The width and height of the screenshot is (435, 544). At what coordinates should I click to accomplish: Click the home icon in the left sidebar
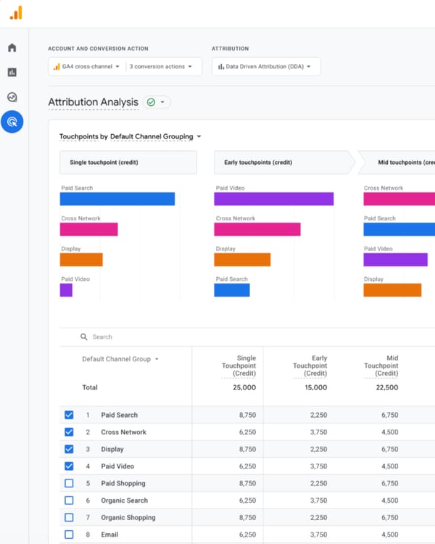pyautogui.click(x=12, y=48)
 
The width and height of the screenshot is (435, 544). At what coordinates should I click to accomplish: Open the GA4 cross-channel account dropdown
pyautogui.click(x=86, y=67)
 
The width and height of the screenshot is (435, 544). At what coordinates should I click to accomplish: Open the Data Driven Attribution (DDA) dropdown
pyautogui.click(x=265, y=67)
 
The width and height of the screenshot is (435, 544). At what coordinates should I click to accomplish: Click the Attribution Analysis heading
pyautogui.click(x=93, y=102)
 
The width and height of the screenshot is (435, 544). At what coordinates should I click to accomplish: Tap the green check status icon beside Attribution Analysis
pyautogui.click(x=152, y=102)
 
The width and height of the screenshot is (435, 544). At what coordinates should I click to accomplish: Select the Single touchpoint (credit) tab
pyautogui.click(x=128, y=162)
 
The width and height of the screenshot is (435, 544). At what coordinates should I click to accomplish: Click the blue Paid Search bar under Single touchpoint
pyautogui.click(x=117, y=199)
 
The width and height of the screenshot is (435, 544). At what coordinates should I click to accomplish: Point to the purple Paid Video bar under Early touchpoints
pyautogui.click(x=273, y=199)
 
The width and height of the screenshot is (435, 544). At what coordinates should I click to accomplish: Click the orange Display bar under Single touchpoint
pyautogui.click(x=81, y=260)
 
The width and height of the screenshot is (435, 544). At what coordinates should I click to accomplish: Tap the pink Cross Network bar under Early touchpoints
pyautogui.click(x=257, y=229)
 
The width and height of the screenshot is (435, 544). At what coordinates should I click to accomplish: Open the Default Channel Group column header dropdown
pyautogui.click(x=120, y=359)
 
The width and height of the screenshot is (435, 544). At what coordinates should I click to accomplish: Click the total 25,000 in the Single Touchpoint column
pyautogui.click(x=244, y=387)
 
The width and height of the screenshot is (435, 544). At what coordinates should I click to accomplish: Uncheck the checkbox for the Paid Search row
pyautogui.click(x=69, y=415)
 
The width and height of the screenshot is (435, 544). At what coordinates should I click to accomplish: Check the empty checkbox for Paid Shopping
pyautogui.click(x=69, y=483)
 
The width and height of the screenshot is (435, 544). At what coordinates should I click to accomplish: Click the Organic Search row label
pyautogui.click(x=124, y=500)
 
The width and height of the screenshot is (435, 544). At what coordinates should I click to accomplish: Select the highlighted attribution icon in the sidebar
pyautogui.click(x=12, y=122)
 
